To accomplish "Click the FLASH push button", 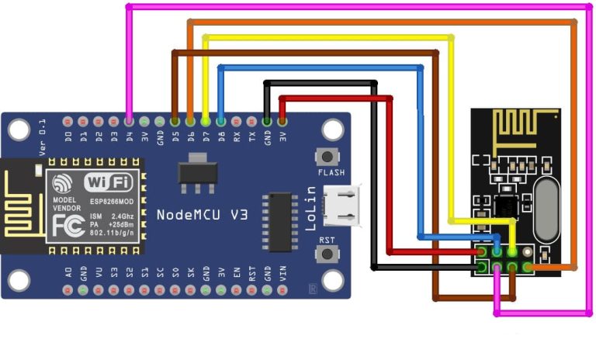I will pos(330,155).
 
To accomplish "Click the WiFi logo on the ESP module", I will pos(108,183).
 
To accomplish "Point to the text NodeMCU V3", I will pos(202,215).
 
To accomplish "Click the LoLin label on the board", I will pos(312,208).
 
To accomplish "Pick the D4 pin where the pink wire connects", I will pos(129,122).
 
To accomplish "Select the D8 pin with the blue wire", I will pos(221,122).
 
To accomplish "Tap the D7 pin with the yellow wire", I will pos(206,122).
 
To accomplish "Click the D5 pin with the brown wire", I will pos(175,122).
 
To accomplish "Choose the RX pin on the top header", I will pos(237,122).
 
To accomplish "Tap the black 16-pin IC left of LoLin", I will pos(278,223).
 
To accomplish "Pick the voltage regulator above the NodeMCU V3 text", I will pos(198,171).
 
